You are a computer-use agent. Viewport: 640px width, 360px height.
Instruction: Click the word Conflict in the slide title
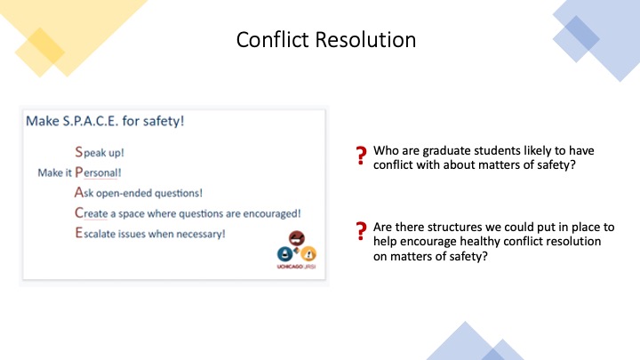tap(272, 40)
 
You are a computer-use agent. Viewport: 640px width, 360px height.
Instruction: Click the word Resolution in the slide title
tap(365, 40)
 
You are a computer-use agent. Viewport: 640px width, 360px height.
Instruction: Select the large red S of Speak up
tap(79, 152)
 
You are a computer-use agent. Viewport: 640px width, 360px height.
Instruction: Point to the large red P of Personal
tap(79, 172)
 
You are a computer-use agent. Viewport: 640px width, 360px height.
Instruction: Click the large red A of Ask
tap(79, 192)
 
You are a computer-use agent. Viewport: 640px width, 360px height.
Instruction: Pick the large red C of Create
tap(79, 212)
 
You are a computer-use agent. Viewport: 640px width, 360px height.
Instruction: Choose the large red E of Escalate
tap(78, 233)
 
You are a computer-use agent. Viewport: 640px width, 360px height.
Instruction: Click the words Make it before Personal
tap(55, 172)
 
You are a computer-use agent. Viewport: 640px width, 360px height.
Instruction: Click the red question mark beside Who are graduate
tap(361, 156)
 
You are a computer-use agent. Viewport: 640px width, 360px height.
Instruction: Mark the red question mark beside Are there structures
tap(361, 231)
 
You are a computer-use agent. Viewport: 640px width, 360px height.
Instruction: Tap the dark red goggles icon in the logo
tap(297, 238)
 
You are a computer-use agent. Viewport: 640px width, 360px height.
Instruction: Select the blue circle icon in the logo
tap(285, 254)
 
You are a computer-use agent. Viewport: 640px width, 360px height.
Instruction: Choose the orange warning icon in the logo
tap(308, 254)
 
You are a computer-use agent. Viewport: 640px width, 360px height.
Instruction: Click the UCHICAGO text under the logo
tap(290, 267)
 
